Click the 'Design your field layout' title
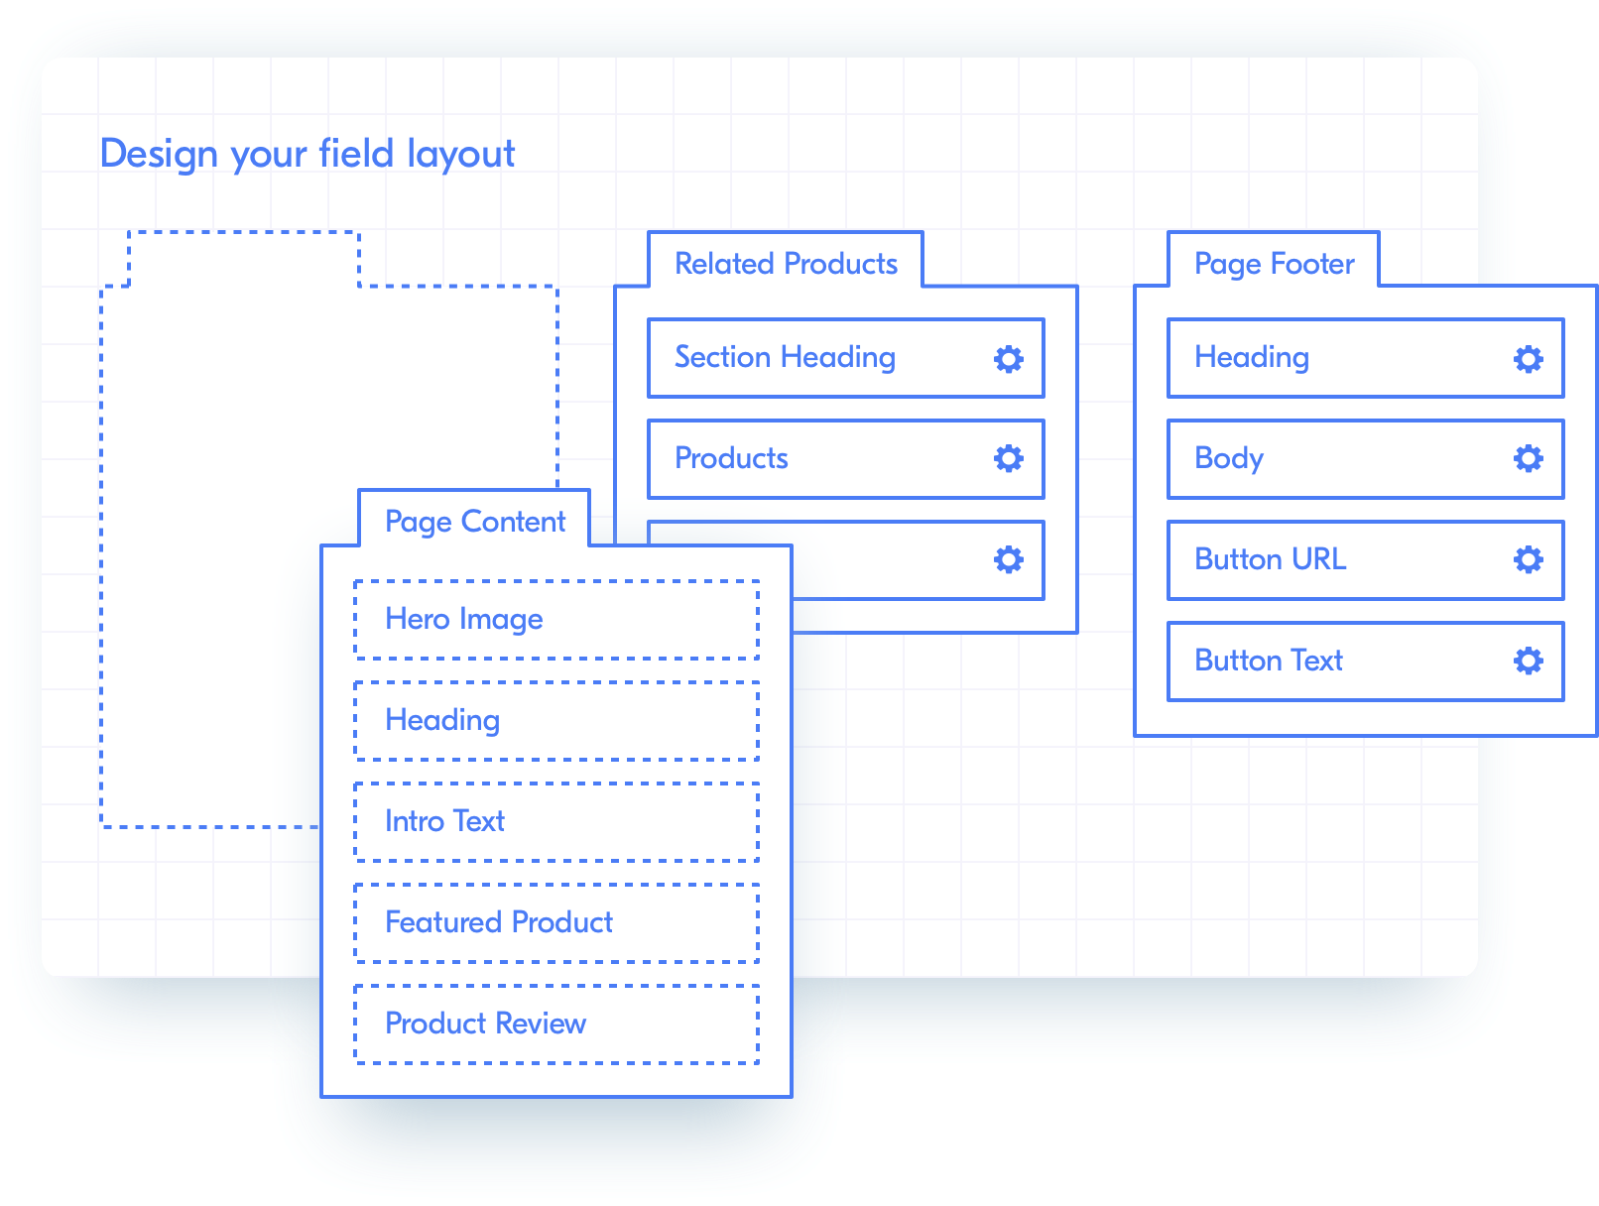coord(307,154)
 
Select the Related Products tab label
coord(786,263)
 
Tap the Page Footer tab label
coord(1274,264)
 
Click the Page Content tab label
coord(475,522)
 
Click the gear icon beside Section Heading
coord(1008,358)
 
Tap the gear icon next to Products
coord(1008,459)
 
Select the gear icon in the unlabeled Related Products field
coord(1008,560)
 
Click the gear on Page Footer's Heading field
coord(1528,358)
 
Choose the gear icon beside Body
coord(1528,459)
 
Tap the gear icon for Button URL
coord(1528,560)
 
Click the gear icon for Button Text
coord(1528,662)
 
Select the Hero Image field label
coord(464,620)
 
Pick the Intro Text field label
coord(444,821)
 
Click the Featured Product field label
coord(499,922)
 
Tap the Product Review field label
coord(485,1024)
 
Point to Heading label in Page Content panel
coord(442,721)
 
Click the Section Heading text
coord(785,358)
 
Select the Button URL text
coord(1270,559)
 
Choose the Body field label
coord(1228,459)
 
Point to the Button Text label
coord(1268,661)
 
